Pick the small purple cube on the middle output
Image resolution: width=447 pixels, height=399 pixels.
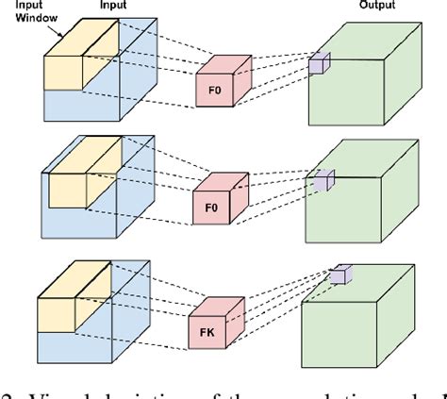(x=324, y=181)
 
